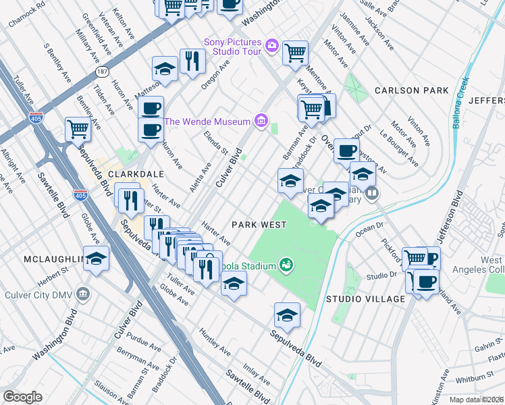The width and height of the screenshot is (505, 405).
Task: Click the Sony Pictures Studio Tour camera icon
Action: tap(271, 45)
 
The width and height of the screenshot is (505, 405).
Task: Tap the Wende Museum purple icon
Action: tap(261, 122)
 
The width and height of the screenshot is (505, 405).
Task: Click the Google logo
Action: tap(22, 396)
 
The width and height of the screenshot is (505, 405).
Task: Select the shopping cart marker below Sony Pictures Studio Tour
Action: tap(295, 52)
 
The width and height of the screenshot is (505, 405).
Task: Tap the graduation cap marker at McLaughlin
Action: tap(97, 259)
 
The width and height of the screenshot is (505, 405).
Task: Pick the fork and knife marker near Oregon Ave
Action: tap(192, 61)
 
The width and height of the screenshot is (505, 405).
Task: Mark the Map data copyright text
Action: tap(477, 400)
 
